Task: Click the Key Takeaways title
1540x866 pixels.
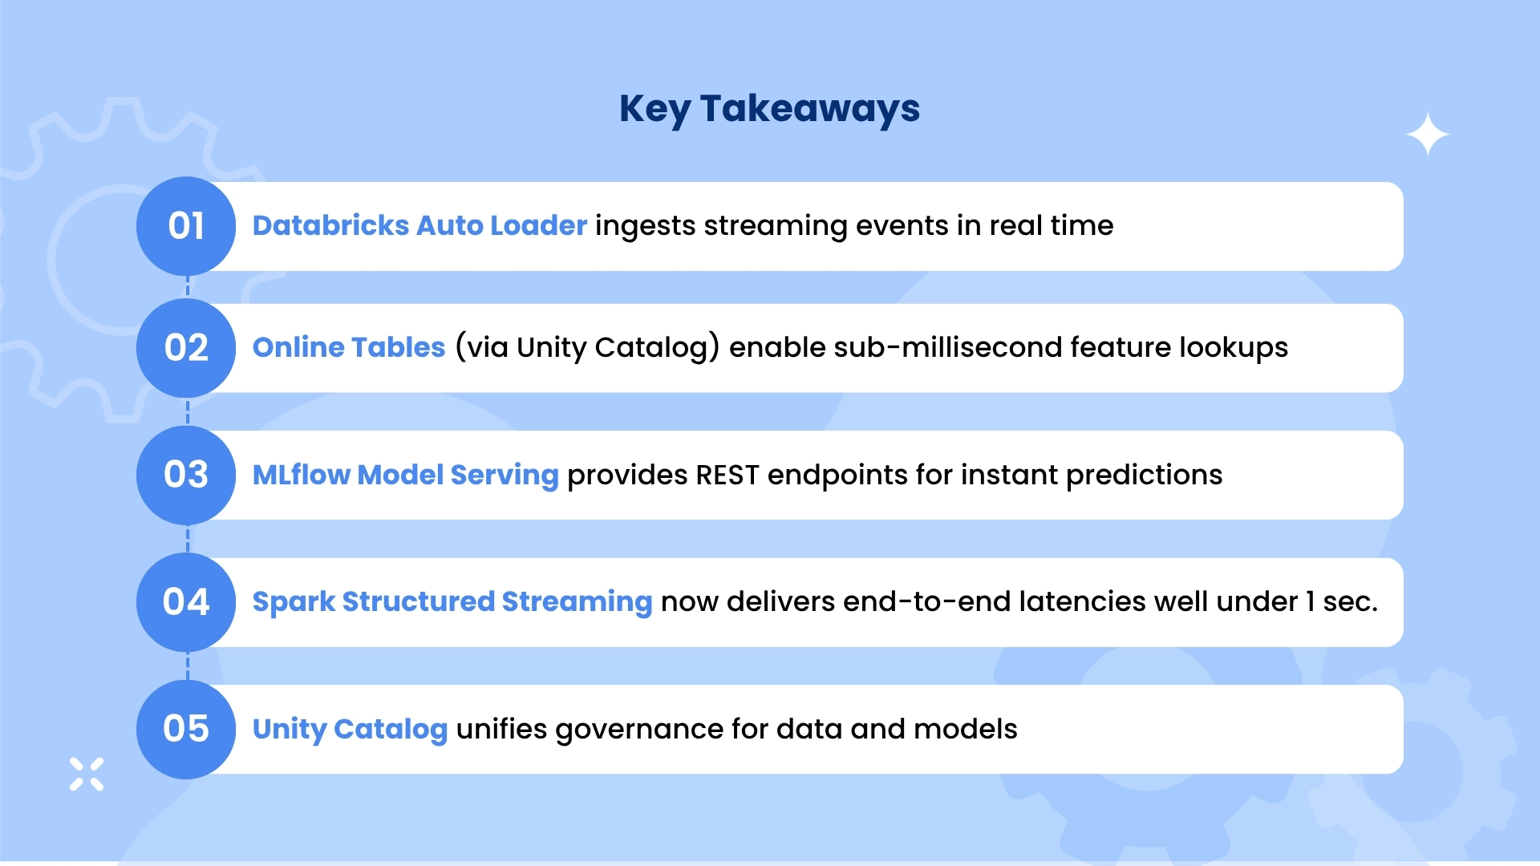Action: (769, 109)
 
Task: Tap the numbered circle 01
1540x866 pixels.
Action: (186, 226)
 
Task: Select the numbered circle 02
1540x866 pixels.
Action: (186, 348)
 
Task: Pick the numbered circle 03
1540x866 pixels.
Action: (186, 475)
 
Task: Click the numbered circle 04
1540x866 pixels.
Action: (186, 602)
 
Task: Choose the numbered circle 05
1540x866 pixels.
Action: (186, 729)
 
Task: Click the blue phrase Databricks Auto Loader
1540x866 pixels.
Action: (419, 225)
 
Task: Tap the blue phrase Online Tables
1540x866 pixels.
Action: (349, 347)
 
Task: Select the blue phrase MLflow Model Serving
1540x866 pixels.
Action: (405, 475)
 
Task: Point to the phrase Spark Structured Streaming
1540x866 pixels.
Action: (452, 601)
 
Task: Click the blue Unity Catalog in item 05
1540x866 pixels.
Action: (350, 729)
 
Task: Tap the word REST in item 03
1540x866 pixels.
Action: (727, 475)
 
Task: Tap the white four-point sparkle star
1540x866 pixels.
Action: (1429, 135)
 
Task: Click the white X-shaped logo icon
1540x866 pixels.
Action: (87, 774)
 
